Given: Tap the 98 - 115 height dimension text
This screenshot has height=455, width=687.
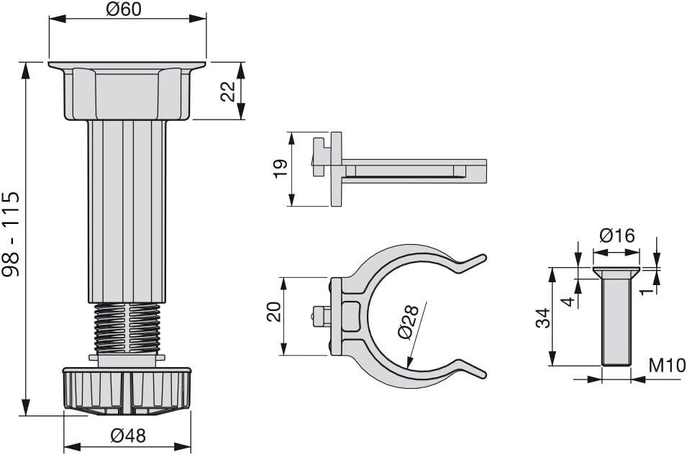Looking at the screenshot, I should click(x=12, y=234).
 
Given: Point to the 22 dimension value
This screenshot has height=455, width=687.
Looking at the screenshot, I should click(x=228, y=91).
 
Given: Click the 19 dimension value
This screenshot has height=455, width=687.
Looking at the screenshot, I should click(x=281, y=168).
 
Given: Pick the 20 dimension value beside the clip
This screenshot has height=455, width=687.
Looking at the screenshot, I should click(x=274, y=312).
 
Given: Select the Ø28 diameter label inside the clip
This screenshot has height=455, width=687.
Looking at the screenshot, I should click(x=405, y=323).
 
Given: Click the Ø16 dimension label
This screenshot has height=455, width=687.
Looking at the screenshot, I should click(x=617, y=236).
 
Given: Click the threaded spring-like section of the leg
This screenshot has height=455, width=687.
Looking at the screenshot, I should click(x=127, y=328).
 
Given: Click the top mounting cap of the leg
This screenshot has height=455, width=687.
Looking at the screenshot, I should click(x=127, y=90).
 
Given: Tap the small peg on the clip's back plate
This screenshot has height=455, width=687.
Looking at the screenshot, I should click(x=319, y=315).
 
